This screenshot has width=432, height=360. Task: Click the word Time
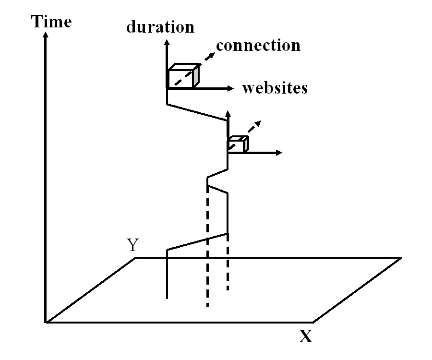tap(51, 22)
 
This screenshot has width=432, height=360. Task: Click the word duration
tap(160, 27)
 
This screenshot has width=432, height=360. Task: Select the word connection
tap(258, 45)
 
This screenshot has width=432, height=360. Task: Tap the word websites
tap(275, 88)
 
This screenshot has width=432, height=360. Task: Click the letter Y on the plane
tap(133, 245)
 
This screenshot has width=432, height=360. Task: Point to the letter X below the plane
tap(306, 336)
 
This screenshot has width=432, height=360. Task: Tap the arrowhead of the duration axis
tap(167, 42)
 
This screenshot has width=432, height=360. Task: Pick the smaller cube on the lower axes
tap(238, 144)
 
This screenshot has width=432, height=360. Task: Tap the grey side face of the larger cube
tap(195, 76)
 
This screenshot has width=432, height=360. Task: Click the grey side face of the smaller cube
tap(246, 144)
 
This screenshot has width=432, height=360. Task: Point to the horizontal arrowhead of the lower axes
tap(278, 153)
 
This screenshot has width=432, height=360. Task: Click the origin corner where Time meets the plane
tap(46, 322)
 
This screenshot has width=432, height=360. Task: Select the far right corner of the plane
tap(400, 258)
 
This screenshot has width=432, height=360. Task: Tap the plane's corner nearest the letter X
tap(313, 322)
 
